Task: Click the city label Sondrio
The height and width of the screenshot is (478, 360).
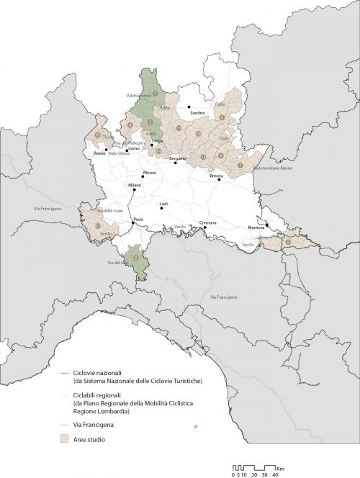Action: [x=197, y=113]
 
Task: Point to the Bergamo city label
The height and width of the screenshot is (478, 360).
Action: [x=178, y=157]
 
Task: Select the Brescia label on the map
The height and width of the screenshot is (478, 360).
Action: [x=217, y=176]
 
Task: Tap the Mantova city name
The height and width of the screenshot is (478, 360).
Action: [x=256, y=227]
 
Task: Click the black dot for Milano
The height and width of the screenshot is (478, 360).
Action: [x=133, y=189]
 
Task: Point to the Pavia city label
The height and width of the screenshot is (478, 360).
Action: [x=140, y=217]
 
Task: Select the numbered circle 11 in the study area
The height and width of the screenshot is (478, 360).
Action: [x=179, y=127]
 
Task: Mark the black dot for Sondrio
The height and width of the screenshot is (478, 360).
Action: [x=189, y=107]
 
